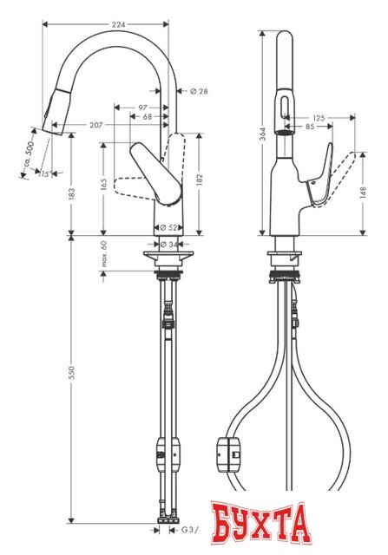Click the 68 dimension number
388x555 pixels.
pyautogui.click(x=148, y=116)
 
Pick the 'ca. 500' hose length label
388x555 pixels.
pyautogui.click(x=31, y=153)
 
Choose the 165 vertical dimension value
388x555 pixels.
pyautogui.click(x=103, y=184)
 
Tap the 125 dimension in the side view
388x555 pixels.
pyautogui.click(x=319, y=117)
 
